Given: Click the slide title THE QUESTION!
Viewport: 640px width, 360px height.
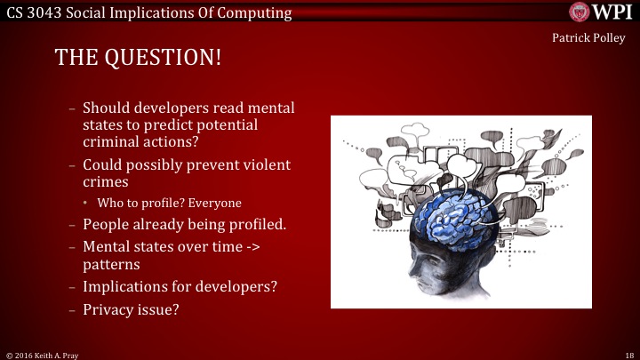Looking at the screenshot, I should tap(138, 58).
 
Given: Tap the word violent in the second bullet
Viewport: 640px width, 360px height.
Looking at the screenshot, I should tap(268, 165).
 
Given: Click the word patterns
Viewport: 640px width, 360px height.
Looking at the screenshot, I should tap(114, 264).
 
